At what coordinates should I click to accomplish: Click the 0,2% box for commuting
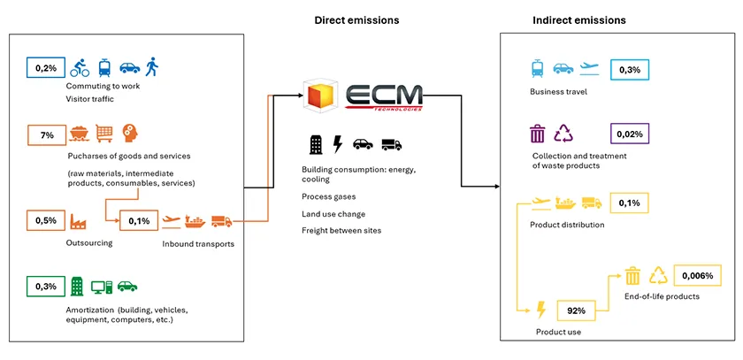pos(46,68)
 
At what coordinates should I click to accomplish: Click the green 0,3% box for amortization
pos(46,286)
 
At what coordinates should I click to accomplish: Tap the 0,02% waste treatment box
pos(631,134)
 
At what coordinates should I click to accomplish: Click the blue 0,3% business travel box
pos(630,68)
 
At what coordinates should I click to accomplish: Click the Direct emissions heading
pos(356,19)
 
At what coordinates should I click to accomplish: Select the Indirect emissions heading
pos(579,19)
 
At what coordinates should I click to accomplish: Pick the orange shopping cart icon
pos(105,134)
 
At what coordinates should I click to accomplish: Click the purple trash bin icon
pos(537,134)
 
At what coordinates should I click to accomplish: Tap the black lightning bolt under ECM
pos(337,144)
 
